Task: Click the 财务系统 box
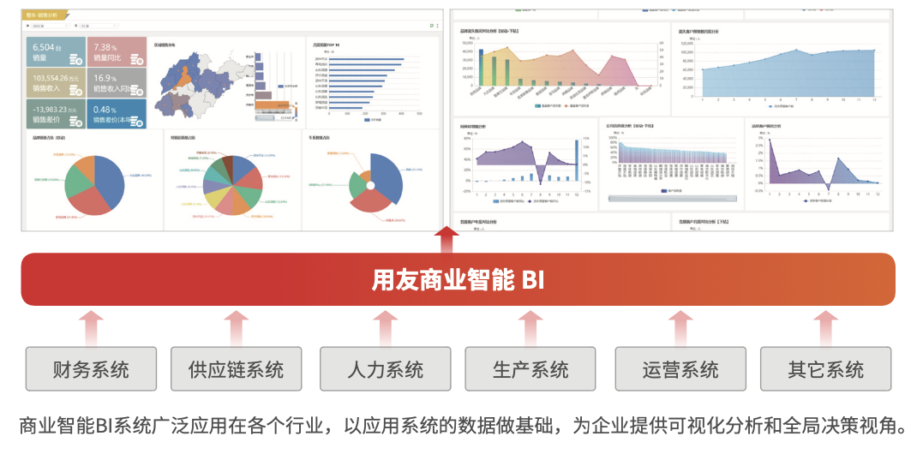(91, 369)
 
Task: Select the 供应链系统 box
(237, 369)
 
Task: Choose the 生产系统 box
(530, 369)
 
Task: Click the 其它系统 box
(825, 369)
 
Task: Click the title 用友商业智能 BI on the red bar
(458, 280)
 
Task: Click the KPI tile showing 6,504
(56, 51)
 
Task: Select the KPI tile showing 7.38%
(117, 51)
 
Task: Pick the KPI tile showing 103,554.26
(56, 82)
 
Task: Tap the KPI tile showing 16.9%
(117, 82)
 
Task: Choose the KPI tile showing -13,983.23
(56, 114)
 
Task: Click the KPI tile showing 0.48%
(117, 114)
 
